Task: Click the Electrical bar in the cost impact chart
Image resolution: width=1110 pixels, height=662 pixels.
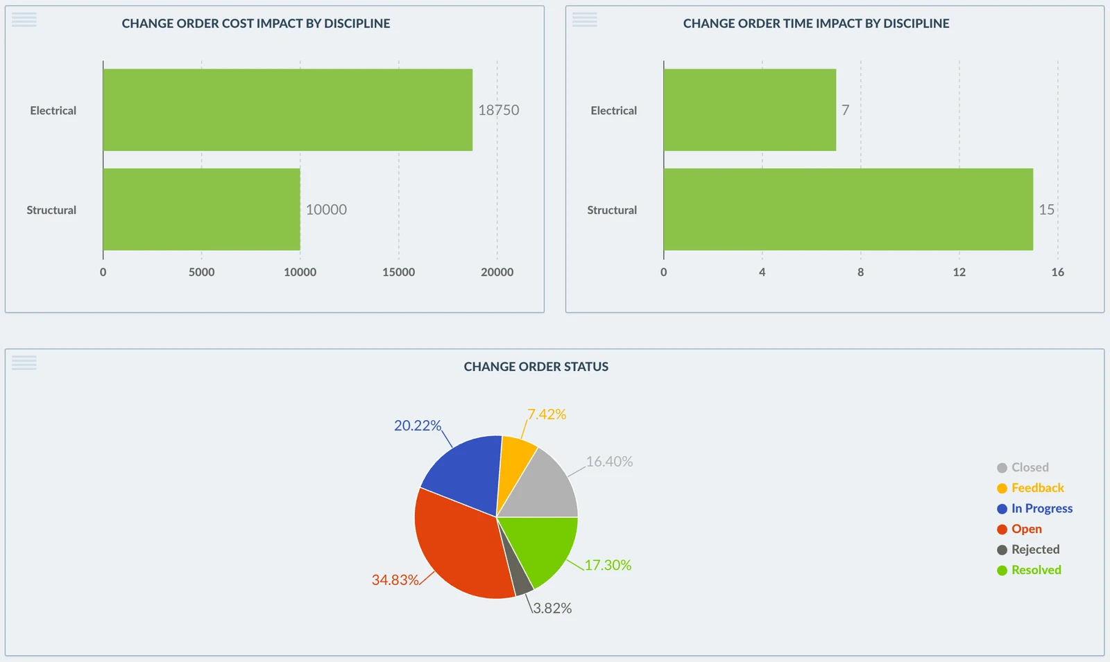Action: (x=287, y=110)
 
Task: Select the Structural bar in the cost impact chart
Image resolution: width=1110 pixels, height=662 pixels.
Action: (x=202, y=209)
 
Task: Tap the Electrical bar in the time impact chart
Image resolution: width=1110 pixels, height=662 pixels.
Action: (x=750, y=110)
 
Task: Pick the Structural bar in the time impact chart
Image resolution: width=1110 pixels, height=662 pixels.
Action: (x=848, y=209)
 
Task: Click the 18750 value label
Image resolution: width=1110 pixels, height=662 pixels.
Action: (x=499, y=110)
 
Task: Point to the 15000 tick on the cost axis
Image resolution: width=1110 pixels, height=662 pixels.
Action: (x=398, y=272)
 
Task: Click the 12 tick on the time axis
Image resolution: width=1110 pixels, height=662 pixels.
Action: (x=959, y=272)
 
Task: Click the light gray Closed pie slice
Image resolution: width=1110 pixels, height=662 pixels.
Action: (x=547, y=490)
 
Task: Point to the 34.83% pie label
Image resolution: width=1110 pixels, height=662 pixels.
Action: (x=395, y=580)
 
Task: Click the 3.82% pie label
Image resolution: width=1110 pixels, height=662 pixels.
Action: (x=552, y=608)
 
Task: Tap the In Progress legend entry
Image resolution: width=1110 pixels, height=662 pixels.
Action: (x=1034, y=509)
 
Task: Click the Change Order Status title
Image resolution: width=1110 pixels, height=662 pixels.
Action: (x=536, y=367)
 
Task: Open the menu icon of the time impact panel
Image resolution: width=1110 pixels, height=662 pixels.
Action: (x=585, y=20)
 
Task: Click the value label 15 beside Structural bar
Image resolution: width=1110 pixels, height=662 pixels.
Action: (x=1047, y=209)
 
